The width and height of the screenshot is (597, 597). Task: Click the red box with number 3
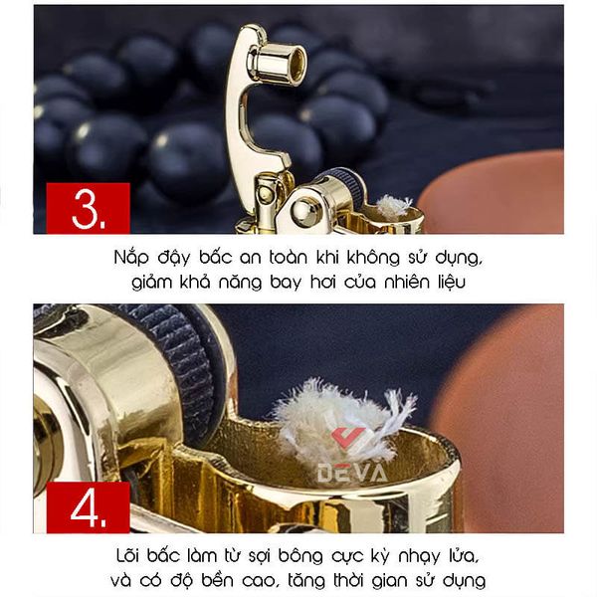click(88, 208)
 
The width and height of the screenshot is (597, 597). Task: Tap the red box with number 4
click(88, 507)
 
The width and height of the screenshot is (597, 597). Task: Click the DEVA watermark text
click(352, 474)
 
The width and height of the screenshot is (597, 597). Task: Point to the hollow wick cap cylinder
click(280, 63)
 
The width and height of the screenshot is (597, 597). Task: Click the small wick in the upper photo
click(394, 206)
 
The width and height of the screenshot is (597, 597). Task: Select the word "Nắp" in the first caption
click(131, 259)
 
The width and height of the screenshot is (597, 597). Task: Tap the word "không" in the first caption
click(373, 258)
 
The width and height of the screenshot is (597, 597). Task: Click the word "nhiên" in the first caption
click(407, 282)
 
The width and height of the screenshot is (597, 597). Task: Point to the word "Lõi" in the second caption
click(128, 555)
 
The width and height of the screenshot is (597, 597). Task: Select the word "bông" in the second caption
click(300, 557)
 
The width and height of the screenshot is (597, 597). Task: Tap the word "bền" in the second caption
click(217, 580)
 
